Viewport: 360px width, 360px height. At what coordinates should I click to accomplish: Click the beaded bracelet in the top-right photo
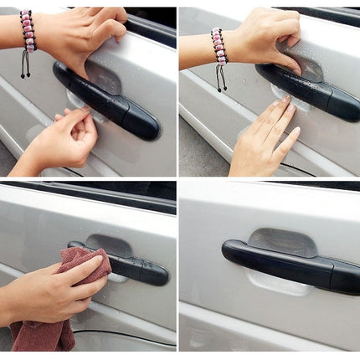tap(219, 45)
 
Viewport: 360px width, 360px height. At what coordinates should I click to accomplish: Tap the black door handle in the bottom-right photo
tap(285, 261)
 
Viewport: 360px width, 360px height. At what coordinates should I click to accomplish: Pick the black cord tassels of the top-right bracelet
tap(220, 77)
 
